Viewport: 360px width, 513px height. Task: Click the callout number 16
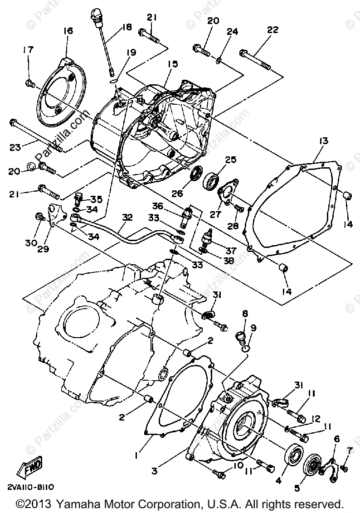click(68, 31)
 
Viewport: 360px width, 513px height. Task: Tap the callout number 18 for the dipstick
click(126, 27)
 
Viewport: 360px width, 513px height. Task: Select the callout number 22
click(272, 30)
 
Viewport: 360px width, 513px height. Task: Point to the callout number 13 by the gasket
click(323, 141)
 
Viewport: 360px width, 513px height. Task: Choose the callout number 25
click(231, 160)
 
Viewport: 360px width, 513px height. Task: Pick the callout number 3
click(155, 472)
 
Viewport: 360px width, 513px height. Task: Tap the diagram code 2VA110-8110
click(31, 488)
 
